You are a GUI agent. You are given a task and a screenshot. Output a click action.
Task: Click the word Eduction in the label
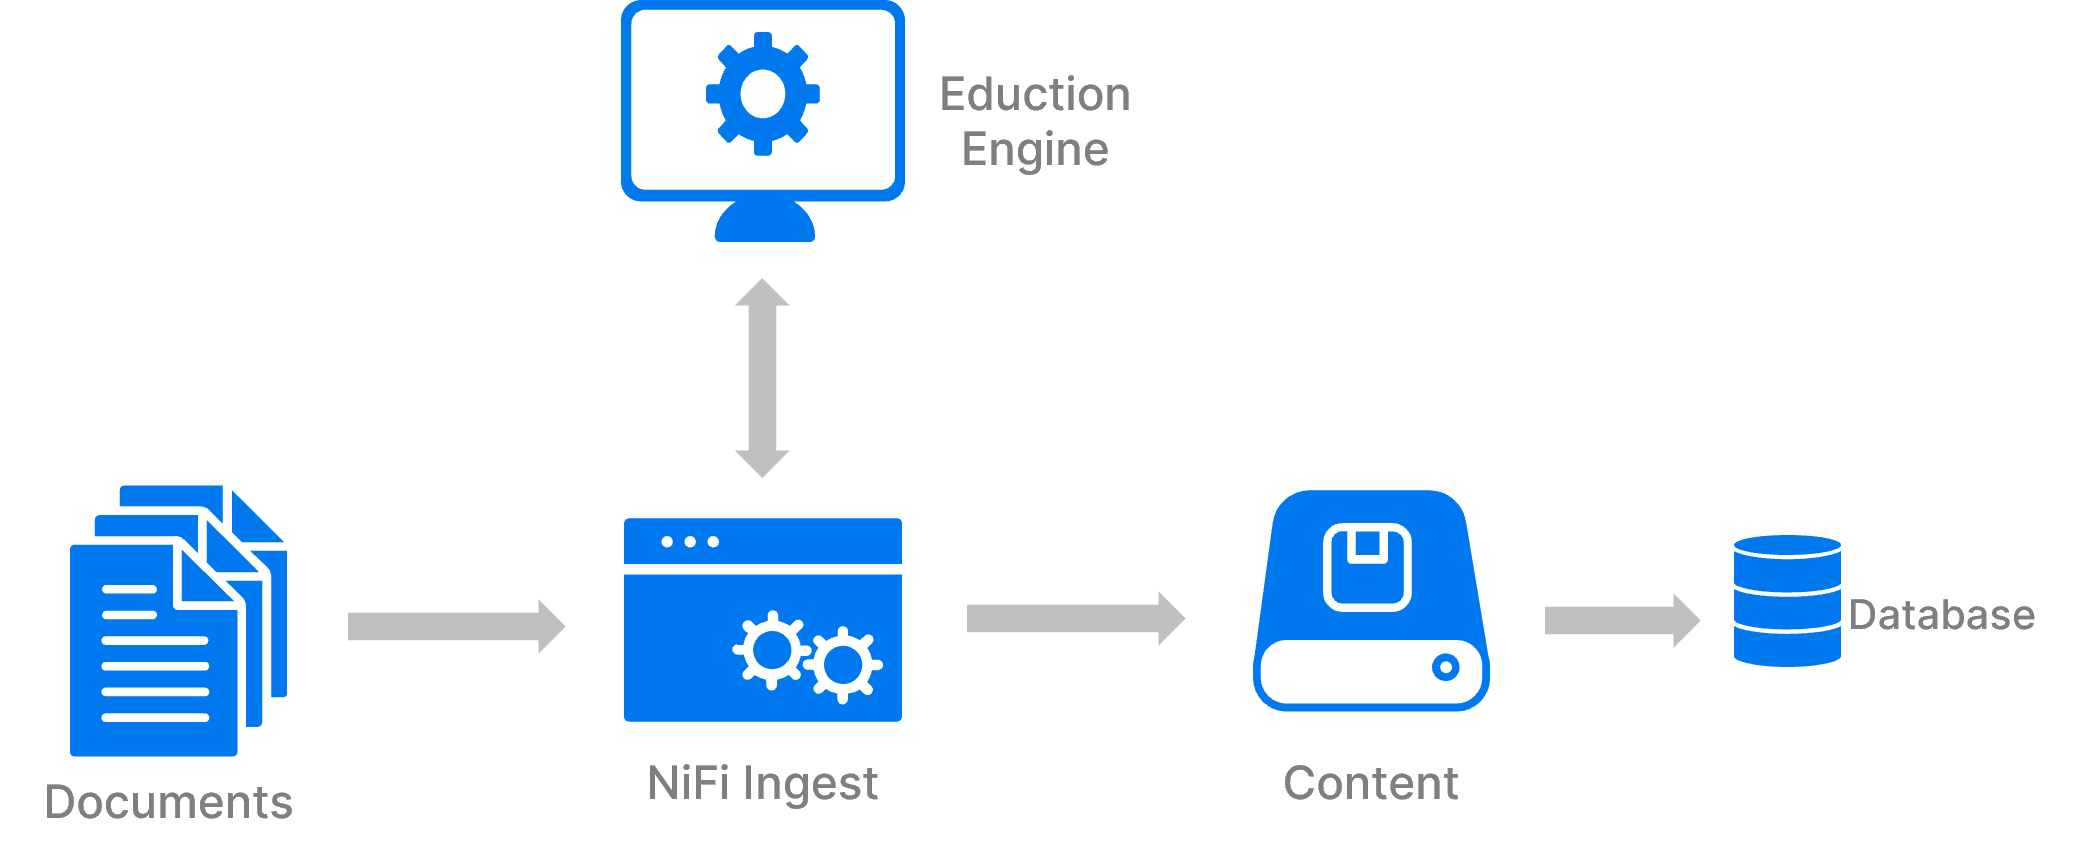point(1035,95)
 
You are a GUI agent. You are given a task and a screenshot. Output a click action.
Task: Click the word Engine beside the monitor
point(1035,150)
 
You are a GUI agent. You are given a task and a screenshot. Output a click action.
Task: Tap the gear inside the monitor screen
point(763,94)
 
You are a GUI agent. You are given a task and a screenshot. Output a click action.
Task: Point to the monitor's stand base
point(765,224)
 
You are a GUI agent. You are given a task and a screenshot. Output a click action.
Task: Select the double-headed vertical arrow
point(762,378)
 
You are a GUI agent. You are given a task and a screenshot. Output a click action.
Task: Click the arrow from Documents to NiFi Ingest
point(456,626)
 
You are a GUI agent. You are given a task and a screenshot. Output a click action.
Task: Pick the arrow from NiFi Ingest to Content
point(1075,618)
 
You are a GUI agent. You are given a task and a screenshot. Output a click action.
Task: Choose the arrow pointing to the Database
point(1621,620)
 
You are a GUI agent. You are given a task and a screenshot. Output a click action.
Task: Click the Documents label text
point(169,802)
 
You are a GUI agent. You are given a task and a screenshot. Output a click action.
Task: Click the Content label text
point(1370,782)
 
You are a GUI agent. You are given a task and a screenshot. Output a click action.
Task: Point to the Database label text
point(1941,615)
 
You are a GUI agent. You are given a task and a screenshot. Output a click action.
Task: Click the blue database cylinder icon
point(1787,601)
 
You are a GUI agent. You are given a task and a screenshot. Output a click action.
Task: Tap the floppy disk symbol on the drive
point(1367,566)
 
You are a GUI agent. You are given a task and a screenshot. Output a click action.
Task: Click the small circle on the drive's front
point(1445,667)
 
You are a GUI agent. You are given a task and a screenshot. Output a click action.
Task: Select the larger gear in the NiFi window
point(771,650)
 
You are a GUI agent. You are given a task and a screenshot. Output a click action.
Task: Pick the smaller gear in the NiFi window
point(843,664)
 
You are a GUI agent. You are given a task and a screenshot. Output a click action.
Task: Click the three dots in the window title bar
point(690,542)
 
